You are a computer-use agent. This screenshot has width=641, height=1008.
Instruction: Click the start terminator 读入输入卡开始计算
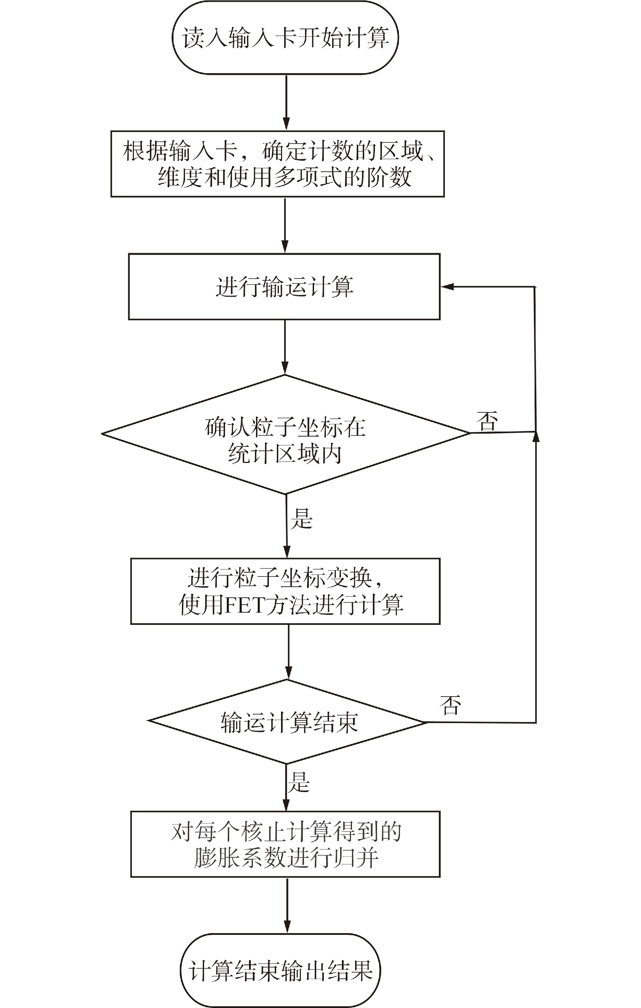[285, 38]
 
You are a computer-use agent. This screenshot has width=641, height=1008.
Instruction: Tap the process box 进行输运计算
[285, 287]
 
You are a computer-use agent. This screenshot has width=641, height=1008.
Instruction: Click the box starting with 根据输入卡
[277, 164]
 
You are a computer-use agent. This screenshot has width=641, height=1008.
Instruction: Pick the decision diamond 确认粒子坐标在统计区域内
[285, 434]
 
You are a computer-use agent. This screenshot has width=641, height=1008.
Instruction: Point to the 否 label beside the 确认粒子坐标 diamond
[487, 421]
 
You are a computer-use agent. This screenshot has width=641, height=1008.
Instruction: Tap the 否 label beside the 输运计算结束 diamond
[450, 705]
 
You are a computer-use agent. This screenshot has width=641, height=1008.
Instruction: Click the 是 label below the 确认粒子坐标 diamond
[302, 519]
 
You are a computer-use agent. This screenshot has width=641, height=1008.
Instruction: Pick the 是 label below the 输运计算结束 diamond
[298, 782]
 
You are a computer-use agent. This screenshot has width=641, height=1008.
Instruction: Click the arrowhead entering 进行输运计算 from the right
[447, 287]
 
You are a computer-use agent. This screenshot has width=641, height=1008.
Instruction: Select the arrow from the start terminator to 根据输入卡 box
[287, 102]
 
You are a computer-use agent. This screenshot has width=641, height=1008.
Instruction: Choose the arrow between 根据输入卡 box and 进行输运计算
[285, 225]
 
